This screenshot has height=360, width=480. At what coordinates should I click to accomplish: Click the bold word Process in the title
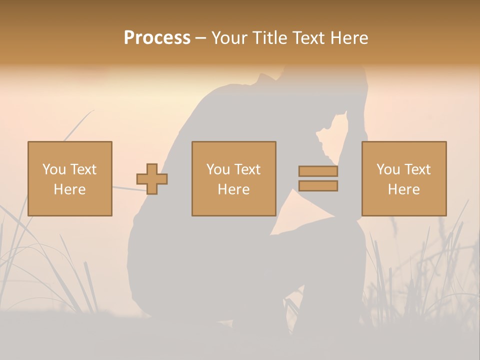tap(157, 38)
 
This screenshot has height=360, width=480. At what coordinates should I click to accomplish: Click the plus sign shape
tap(152, 178)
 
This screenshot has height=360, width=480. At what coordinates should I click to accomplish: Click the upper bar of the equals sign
tap(318, 171)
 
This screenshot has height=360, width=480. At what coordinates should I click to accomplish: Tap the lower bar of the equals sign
tap(318, 185)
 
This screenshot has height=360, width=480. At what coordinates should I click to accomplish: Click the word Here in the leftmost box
tap(69, 189)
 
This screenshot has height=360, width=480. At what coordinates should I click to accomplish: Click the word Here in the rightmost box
tap(404, 189)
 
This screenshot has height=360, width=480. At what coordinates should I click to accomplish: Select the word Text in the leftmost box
tap(83, 169)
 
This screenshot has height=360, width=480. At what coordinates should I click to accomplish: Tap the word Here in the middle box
tap(233, 189)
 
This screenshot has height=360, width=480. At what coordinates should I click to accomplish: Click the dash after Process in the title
tap(200, 38)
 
